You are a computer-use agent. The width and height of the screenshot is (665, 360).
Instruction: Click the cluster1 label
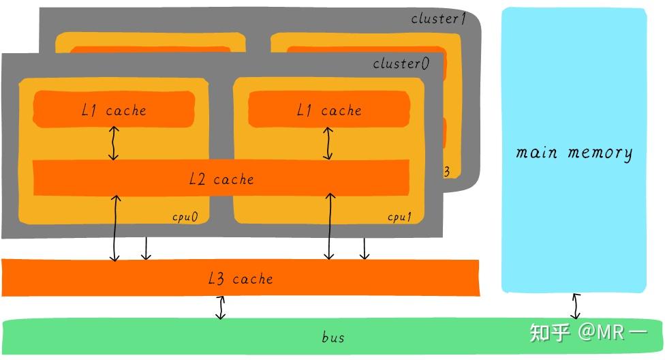pos(438,18)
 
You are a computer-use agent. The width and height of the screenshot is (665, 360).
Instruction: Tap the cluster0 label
pos(401,63)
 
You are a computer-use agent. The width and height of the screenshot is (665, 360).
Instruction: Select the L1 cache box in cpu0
pos(114,110)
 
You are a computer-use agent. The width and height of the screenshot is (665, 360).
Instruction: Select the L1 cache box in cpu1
pos(329,110)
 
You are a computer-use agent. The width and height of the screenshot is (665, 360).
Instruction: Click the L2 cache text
pos(221,179)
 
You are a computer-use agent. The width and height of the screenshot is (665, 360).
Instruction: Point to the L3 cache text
pos(241,278)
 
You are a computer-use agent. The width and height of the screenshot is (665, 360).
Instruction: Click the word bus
pos(332,337)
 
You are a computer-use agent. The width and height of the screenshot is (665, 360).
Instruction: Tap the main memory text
pos(574,152)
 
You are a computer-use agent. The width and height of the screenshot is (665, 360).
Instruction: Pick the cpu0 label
pos(185,217)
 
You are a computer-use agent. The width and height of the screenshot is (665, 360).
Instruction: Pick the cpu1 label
pos(400,217)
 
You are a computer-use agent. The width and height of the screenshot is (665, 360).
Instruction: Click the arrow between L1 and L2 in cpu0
pos(114,143)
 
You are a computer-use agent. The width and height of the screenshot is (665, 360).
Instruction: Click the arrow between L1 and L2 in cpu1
pos(328,143)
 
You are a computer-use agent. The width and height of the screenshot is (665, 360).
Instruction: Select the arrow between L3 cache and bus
pos(220,307)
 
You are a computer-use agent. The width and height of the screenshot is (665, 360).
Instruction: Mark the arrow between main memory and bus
pos(576,306)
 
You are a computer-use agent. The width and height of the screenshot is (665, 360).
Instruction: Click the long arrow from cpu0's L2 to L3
pos(115,228)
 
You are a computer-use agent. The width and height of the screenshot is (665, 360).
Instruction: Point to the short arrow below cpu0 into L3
pos(145,248)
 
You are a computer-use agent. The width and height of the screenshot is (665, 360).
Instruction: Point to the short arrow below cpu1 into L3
pos(365,248)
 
